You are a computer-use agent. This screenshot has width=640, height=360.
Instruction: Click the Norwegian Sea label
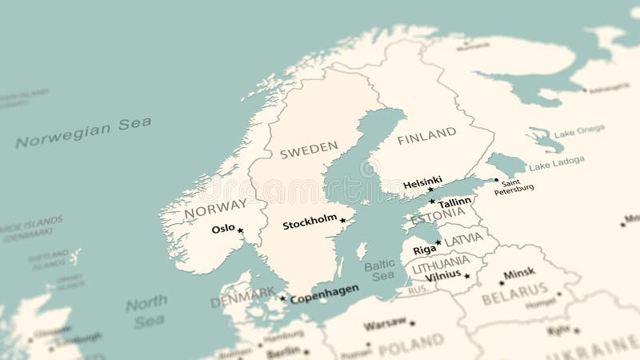(83, 133)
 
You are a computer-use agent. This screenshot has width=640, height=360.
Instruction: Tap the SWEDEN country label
(309, 150)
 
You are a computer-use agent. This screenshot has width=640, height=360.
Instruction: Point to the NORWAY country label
(215, 210)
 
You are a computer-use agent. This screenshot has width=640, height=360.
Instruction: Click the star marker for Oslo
(240, 230)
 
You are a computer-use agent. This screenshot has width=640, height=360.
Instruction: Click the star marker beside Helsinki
(430, 190)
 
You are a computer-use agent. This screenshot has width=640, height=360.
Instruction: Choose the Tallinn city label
(454, 203)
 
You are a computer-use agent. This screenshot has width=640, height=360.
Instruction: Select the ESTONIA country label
(437, 217)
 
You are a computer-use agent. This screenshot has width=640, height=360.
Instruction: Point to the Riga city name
(424, 250)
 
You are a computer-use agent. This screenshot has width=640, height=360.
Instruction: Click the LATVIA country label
(463, 239)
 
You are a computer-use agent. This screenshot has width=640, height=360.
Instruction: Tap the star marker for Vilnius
(467, 276)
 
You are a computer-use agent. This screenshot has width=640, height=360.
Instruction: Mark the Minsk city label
(519, 274)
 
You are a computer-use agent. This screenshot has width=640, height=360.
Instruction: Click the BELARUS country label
(515, 294)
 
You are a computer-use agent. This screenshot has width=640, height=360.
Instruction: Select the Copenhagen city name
(324, 294)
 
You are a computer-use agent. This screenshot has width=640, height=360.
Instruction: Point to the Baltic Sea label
(379, 270)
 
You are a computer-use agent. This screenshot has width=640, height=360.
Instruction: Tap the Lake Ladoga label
(557, 163)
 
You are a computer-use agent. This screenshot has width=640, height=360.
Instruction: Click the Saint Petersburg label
(514, 186)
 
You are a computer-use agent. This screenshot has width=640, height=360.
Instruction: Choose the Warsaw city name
(385, 325)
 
